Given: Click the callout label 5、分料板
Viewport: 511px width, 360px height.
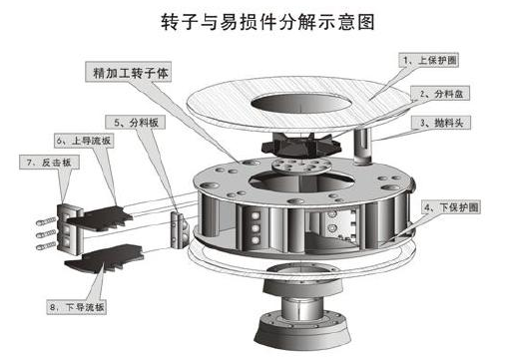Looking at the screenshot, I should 132,122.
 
